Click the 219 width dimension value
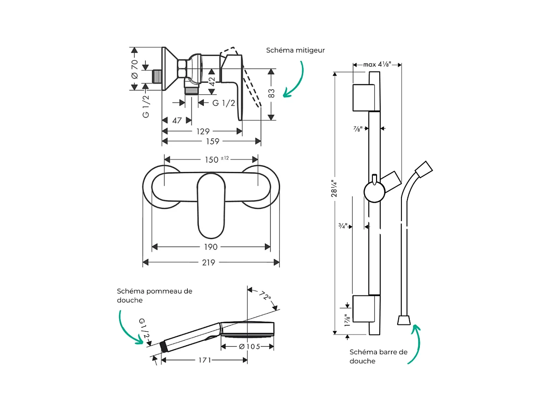pos(209,263)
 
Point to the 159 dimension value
pos(212,141)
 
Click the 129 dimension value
pos(203,131)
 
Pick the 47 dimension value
pos(177,121)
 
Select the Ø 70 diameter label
pos(135,69)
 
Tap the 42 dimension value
pos(212,82)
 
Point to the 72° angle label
pos(264,296)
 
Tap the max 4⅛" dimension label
pos(377,65)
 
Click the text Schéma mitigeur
pos(295,50)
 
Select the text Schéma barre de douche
pos(378,357)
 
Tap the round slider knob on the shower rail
pos(374,191)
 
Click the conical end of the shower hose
pos(404,319)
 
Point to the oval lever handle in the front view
pos(211,205)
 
